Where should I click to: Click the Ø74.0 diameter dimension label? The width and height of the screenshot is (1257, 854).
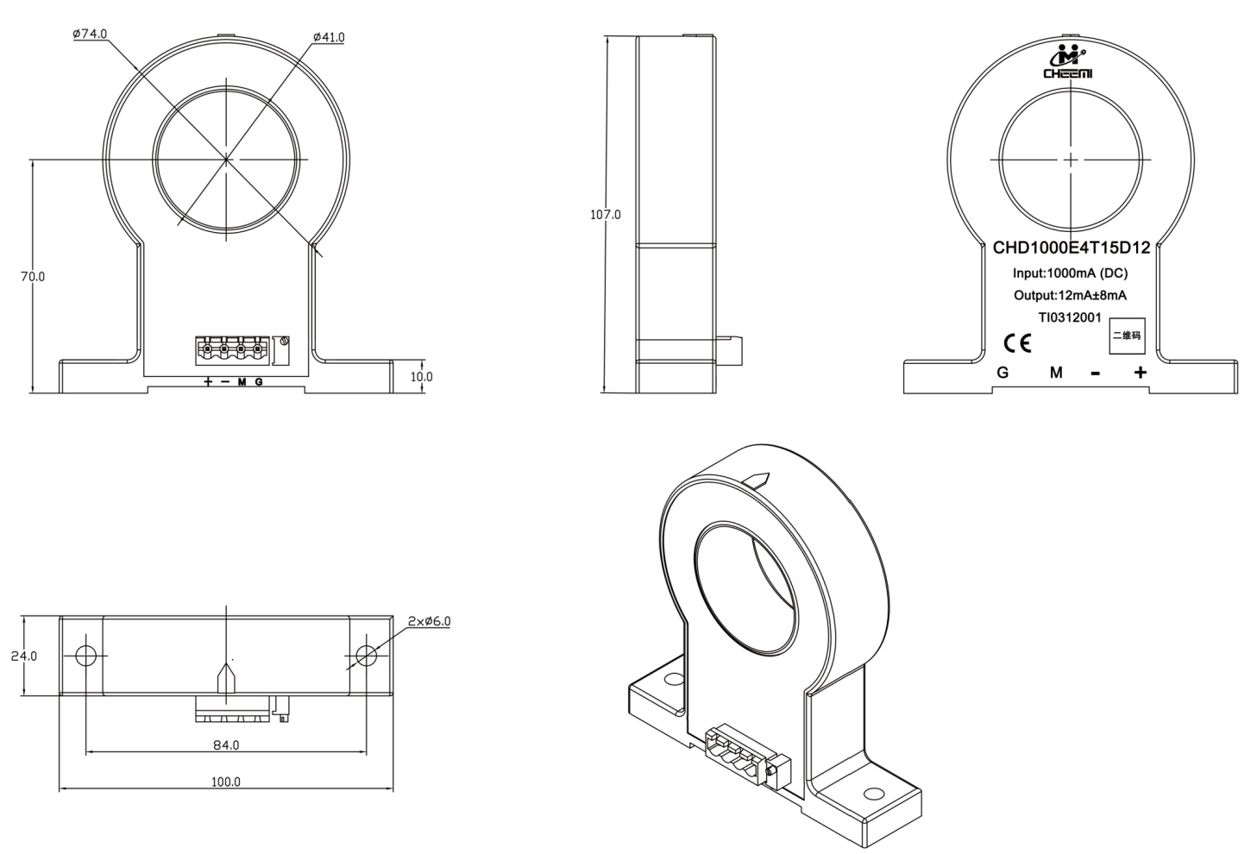click(x=90, y=35)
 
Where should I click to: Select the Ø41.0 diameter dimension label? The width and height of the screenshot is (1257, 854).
click(x=329, y=38)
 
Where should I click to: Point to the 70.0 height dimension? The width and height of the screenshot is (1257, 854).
click(x=33, y=277)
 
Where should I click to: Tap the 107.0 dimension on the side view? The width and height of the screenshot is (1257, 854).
click(x=606, y=214)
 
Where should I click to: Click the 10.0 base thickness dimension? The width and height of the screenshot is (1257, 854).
click(x=421, y=376)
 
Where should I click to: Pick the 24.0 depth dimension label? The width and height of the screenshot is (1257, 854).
click(x=24, y=656)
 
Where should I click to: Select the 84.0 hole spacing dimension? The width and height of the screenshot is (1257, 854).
click(x=226, y=744)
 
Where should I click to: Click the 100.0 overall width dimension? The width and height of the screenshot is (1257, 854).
click(x=225, y=781)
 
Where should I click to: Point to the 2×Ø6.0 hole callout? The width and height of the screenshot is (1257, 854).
click(x=430, y=621)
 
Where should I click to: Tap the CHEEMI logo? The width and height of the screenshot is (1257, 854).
click(x=1068, y=62)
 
